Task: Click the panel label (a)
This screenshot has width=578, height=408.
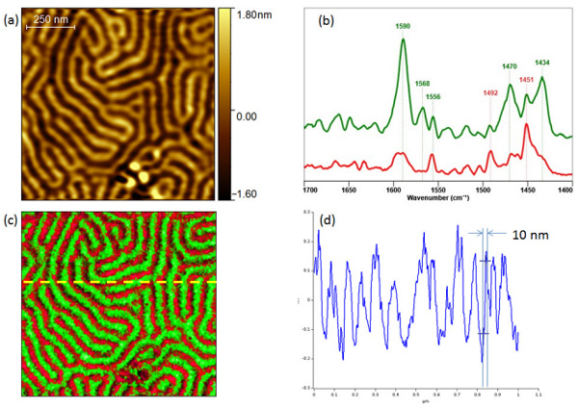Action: coord(9,13)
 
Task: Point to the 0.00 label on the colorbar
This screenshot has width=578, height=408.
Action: coord(251,115)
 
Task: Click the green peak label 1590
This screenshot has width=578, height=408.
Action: coord(403,28)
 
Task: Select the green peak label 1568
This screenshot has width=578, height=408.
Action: coord(423,84)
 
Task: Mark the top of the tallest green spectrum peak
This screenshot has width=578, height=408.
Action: coord(403,39)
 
